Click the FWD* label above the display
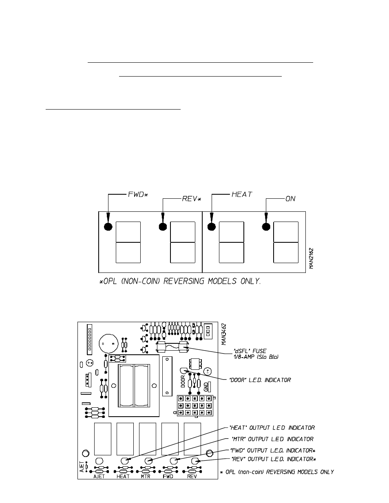[137, 195]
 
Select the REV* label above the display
[192, 199]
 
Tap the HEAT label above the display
[242, 195]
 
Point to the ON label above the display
[290, 199]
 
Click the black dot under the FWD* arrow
[108, 227]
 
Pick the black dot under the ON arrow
[266, 227]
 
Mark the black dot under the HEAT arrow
[211, 227]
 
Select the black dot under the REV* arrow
[163, 227]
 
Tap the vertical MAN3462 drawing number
[224, 334]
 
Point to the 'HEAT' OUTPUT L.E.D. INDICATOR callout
[272, 428]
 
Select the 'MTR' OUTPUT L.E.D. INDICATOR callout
[272, 439]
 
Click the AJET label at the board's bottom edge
[99, 476]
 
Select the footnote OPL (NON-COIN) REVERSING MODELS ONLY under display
[180, 282]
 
